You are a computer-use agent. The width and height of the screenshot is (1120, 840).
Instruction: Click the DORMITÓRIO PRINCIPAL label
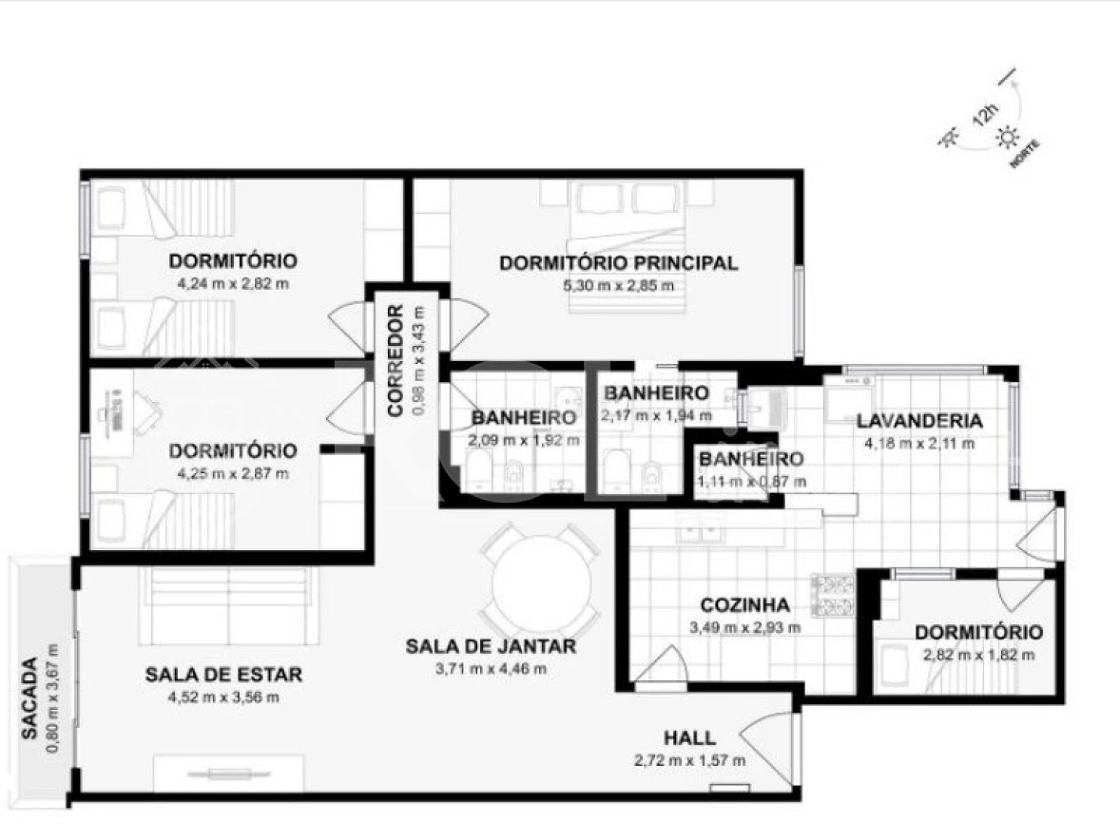pyautogui.click(x=619, y=262)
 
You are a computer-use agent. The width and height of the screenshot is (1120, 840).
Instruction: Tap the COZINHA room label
pyautogui.click(x=745, y=605)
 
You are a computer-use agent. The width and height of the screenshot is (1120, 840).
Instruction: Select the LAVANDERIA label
pyautogui.click(x=920, y=420)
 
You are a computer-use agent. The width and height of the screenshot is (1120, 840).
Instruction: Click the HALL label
pyautogui.click(x=690, y=737)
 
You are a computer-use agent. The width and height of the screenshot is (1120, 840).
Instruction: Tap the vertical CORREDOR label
pyautogui.click(x=396, y=360)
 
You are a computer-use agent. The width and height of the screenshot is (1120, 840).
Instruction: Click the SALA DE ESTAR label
pyautogui.click(x=223, y=674)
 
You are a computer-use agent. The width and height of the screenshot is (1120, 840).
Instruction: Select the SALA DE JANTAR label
pyautogui.click(x=491, y=646)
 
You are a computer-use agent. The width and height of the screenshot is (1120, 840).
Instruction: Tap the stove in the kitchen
pyautogui.click(x=832, y=595)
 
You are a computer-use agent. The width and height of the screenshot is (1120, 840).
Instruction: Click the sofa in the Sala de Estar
pyautogui.click(x=229, y=604)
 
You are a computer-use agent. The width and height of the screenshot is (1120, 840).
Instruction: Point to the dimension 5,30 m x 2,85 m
pyautogui.click(x=619, y=286)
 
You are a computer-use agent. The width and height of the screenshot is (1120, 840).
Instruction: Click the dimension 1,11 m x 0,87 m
pyautogui.click(x=752, y=482)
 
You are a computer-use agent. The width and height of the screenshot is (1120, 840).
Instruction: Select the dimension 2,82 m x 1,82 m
pyautogui.click(x=978, y=655)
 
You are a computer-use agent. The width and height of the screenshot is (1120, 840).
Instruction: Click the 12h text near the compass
pyautogui.click(x=984, y=116)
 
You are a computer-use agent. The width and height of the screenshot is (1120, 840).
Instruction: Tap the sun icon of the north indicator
pyautogui.click(x=1008, y=137)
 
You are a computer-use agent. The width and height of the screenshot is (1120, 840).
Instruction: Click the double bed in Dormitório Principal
pyautogui.click(x=628, y=247)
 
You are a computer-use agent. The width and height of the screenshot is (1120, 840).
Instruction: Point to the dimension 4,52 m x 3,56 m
pyautogui.click(x=223, y=697)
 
